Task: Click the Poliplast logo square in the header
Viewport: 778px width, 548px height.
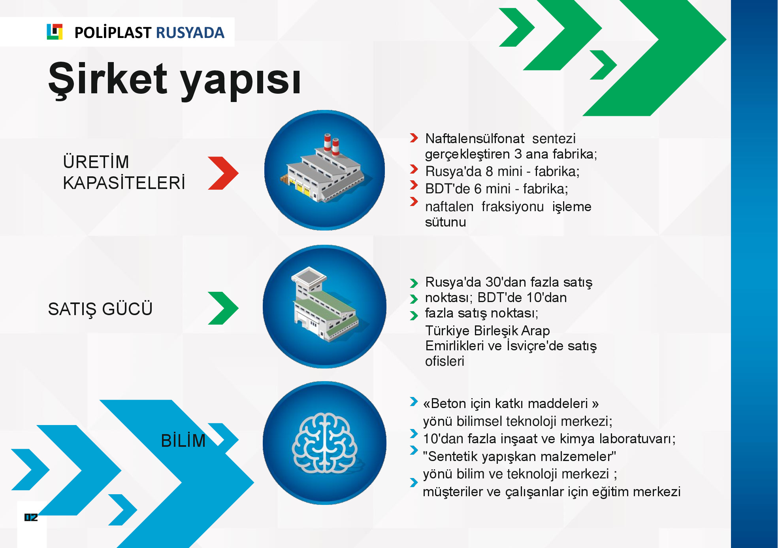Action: pyautogui.click(x=55, y=32)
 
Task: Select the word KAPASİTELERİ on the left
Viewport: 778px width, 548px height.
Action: pyautogui.click(x=124, y=183)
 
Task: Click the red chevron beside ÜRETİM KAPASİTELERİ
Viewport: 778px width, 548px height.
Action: pyautogui.click(x=223, y=173)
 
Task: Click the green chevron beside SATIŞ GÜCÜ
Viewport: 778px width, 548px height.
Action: pyautogui.click(x=223, y=308)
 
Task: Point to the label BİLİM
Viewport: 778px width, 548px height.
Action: pyautogui.click(x=183, y=440)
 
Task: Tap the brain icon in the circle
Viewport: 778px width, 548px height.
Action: pyautogui.click(x=324, y=443)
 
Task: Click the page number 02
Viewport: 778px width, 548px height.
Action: pyautogui.click(x=31, y=517)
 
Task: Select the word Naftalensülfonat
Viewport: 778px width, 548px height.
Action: pyautogui.click(x=475, y=138)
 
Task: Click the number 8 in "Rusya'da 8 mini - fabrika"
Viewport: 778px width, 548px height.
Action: pyautogui.click(x=489, y=171)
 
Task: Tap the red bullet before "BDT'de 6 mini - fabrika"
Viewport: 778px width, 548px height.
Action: pyautogui.click(x=414, y=185)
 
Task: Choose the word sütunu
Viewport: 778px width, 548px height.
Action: pyautogui.click(x=445, y=222)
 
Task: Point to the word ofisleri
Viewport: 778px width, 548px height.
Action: pyautogui.click(x=445, y=361)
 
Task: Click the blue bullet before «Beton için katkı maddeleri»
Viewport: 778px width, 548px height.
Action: pyautogui.click(x=414, y=402)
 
